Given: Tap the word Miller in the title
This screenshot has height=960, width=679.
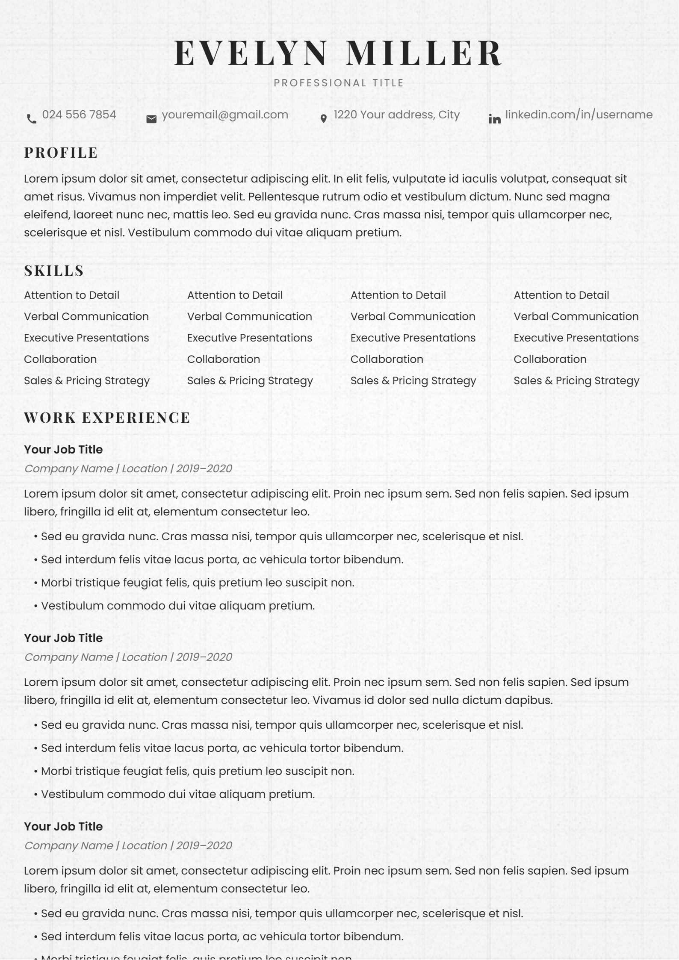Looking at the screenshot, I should coord(424,53).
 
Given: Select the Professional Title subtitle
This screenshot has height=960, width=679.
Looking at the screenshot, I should coord(339,83).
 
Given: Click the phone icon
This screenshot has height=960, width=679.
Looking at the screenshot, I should coord(32,119).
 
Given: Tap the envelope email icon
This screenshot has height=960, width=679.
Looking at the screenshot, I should coord(151,119).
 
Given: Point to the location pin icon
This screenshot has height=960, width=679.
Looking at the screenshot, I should coord(324,119).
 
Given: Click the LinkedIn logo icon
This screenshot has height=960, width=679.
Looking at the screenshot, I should coord(495,119).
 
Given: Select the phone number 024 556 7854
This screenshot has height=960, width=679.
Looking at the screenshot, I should coord(79,115).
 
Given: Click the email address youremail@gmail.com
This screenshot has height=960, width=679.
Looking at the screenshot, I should coord(225,115).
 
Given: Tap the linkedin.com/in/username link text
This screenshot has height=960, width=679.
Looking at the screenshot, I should coord(579,115).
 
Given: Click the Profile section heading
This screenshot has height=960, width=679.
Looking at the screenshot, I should coord(61,153).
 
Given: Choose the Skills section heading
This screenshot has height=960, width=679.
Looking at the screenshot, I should coord(54,271).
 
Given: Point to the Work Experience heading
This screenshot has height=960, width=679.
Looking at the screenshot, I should coord(107,418).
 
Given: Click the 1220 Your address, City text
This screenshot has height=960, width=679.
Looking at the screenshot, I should coord(397,115).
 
